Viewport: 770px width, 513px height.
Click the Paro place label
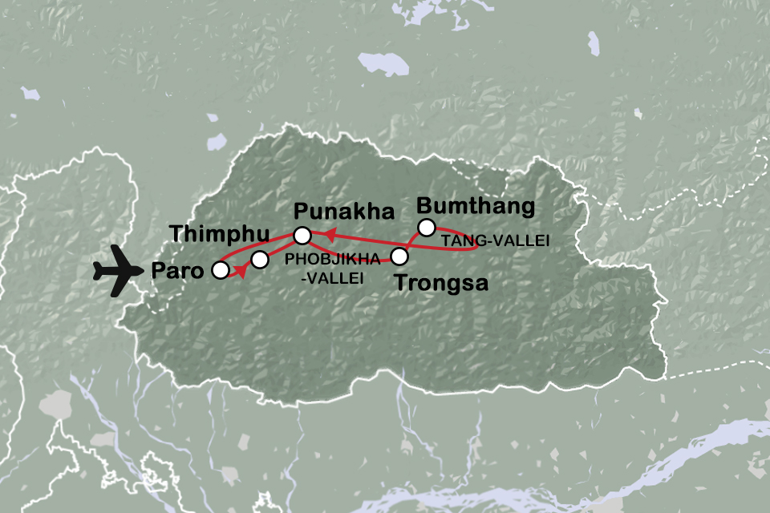[176, 270]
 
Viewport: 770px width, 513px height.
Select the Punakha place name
[345, 212]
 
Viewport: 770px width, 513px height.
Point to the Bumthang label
[476, 206]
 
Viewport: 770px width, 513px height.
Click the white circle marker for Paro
[219, 271]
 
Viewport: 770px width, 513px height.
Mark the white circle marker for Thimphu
[260, 259]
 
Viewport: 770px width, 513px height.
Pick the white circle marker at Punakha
[302, 236]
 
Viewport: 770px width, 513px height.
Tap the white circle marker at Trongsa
[398, 257]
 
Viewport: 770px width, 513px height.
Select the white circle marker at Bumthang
[426, 227]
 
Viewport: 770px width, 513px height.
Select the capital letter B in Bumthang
[426, 206]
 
